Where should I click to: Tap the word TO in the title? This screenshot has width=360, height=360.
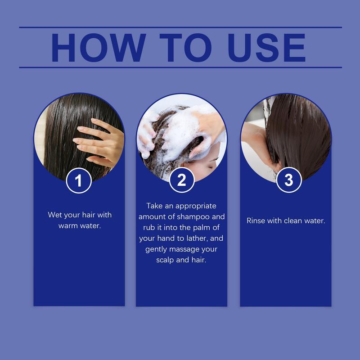click(x=179, y=47)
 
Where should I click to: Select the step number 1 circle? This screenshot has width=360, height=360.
click(x=79, y=181)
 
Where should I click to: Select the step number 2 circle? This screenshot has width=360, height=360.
click(x=181, y=180)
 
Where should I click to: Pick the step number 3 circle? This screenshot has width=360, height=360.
click(x=288, y=180)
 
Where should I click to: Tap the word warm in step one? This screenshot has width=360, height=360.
click(x=69, y=225)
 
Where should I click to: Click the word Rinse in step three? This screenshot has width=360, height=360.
click(x=256, y=220)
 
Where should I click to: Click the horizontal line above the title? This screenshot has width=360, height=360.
click(x=180, y=27)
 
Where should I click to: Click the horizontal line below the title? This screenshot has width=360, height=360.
click(x=180, y=67)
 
